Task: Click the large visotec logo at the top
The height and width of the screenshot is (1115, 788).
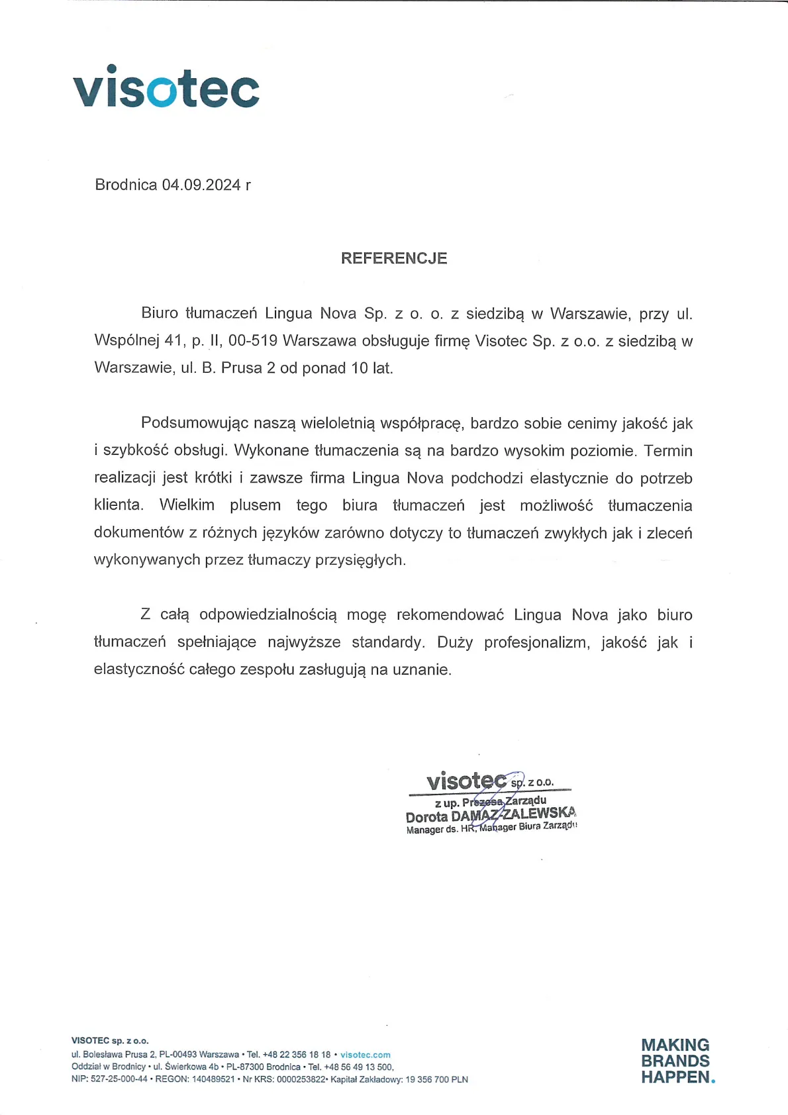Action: [166, 87]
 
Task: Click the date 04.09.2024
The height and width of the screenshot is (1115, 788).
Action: [201, 185]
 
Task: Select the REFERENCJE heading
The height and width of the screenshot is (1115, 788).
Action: [394, 258]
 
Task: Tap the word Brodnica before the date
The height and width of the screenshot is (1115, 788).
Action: [126, 185]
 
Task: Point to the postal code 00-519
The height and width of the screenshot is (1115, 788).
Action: [252, 341]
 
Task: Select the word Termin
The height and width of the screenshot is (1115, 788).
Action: [668, 451]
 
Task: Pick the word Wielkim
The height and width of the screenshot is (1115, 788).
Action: [187, 505]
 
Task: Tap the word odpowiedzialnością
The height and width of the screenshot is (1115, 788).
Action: [268, 615]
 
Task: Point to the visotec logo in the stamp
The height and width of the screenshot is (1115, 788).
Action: [466, 781]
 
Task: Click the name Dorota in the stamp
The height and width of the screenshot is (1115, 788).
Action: [426, 817]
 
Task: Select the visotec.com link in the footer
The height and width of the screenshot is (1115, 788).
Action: [366, 1055]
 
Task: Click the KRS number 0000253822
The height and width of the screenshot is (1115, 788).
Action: [301, 1079]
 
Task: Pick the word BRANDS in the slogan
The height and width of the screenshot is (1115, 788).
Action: [675, 1061]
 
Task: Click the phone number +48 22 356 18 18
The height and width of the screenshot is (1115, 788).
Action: [297, 1055]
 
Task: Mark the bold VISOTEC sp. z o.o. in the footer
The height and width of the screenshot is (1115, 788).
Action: [110, 1041]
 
